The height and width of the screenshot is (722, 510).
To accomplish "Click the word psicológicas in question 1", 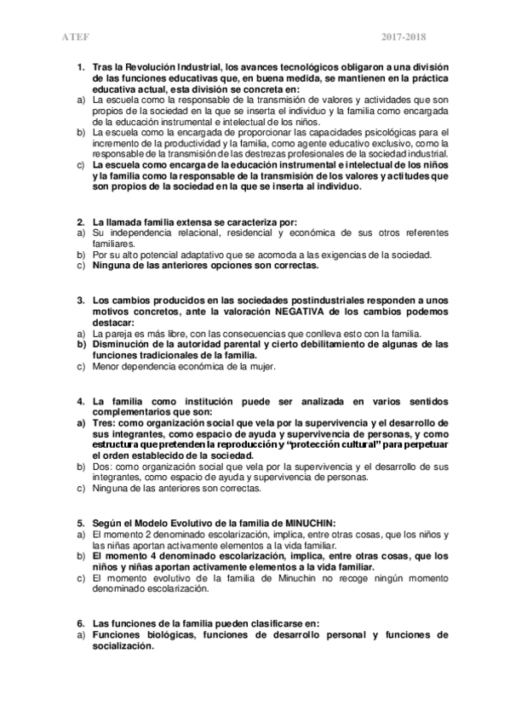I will pyautogui.click(x=386, y=134).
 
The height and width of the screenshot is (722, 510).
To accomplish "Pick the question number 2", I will pyautogui.click(x=80, y=221).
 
